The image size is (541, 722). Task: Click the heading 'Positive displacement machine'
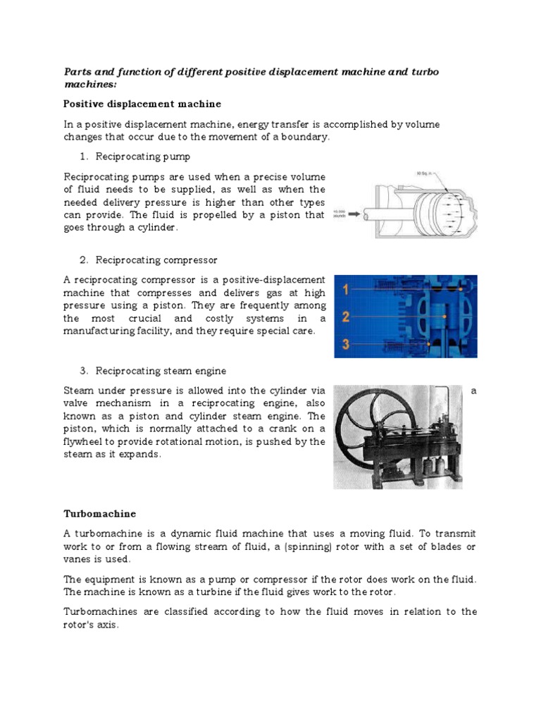(142, 104)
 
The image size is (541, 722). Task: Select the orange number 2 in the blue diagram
(346, 317)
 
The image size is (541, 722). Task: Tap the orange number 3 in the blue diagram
(346, 344)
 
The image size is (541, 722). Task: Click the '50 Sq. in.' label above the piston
(426, 173)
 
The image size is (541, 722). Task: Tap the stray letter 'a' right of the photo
(473, 391)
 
